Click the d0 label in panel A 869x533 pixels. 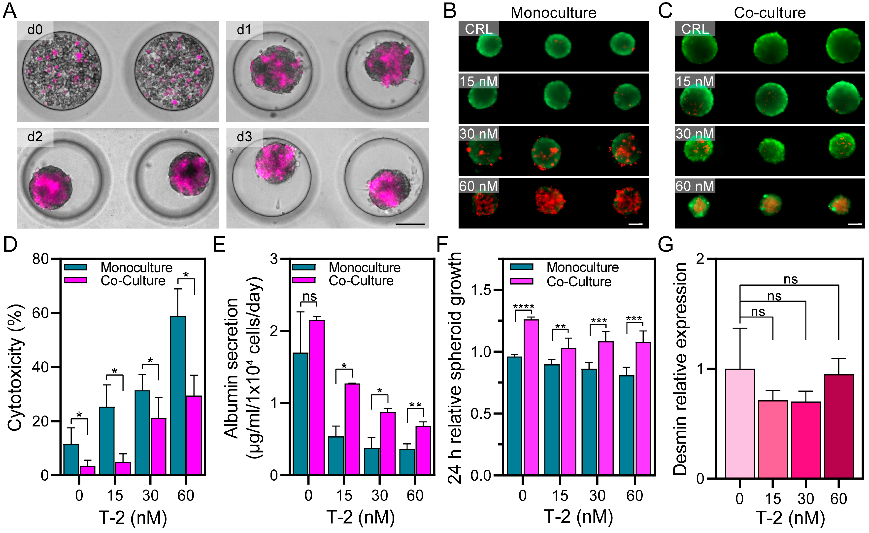35,30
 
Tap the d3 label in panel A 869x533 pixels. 244,137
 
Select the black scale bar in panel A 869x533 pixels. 410,224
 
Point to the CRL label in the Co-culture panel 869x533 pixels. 695,29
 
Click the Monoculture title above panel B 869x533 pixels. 553,13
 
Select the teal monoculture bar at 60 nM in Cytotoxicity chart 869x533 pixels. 178,395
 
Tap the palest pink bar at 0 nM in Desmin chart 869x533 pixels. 740,423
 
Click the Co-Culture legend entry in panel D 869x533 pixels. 133,281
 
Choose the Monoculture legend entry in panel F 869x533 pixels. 582,267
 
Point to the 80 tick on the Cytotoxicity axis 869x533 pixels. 40,259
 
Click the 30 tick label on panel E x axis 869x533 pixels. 379,495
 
